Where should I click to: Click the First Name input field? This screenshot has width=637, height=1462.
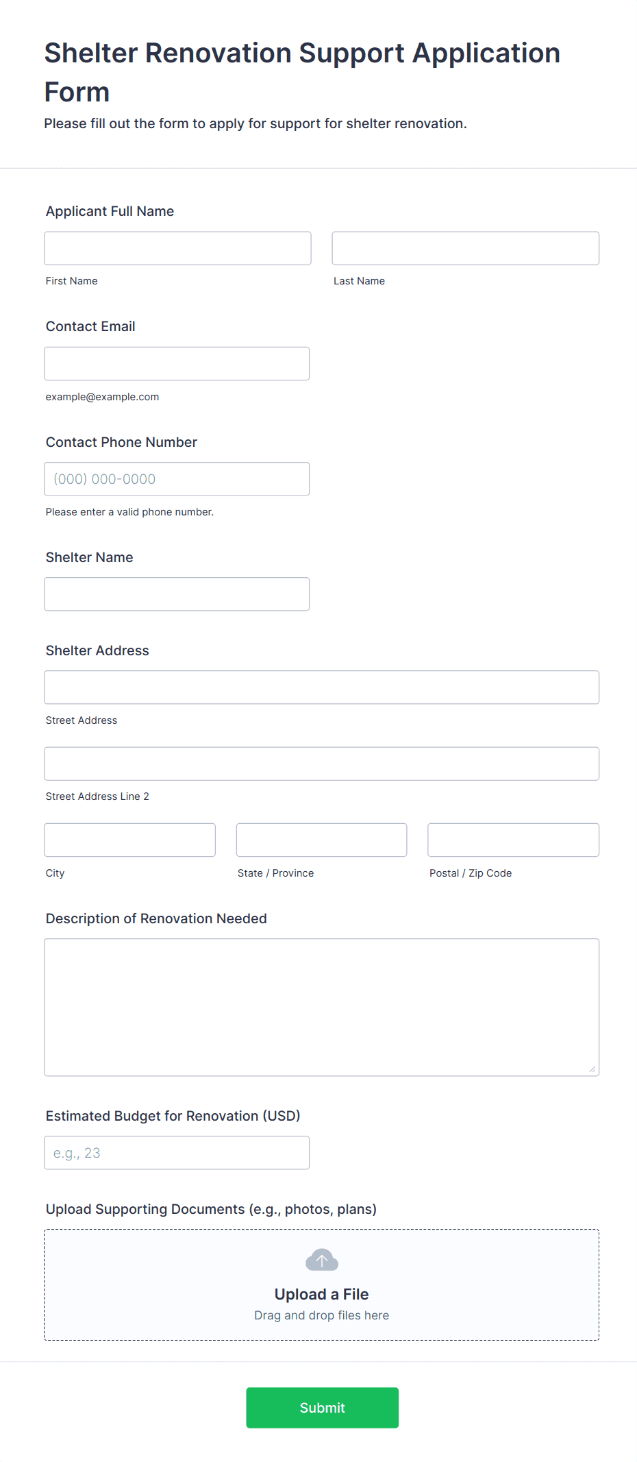[x=177, y=248]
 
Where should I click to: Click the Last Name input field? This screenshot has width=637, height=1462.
[x=465, y=248]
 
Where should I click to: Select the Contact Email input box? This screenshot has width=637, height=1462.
[x=177, y=363]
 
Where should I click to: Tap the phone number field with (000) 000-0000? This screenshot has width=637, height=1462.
[x=177, y=479]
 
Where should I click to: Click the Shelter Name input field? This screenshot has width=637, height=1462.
[x=177, y=594]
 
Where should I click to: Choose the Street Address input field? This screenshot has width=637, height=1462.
[x=321, y=687]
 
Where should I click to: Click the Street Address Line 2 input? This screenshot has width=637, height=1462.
[x=321, y=764]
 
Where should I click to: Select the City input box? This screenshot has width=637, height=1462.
[x=129, y=840]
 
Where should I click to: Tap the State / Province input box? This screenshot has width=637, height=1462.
[x=321, y=840]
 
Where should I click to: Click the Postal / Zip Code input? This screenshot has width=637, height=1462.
[x=513, y=840]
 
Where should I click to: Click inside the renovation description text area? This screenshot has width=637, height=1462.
[x=321, y=1007]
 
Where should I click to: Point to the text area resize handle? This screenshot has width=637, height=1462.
[x=592, y=1069]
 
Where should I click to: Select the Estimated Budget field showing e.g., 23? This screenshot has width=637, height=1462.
[x=177, y=1153]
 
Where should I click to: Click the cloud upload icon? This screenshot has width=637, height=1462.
[x=322, y=1260]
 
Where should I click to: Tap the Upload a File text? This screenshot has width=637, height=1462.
[x=321, y=1294]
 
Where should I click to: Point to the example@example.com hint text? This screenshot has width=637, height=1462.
[x=102, y=397]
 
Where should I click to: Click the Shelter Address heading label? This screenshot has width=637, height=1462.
[x=97, y=650]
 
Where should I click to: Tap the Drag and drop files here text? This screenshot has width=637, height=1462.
[x=321, y=1315]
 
